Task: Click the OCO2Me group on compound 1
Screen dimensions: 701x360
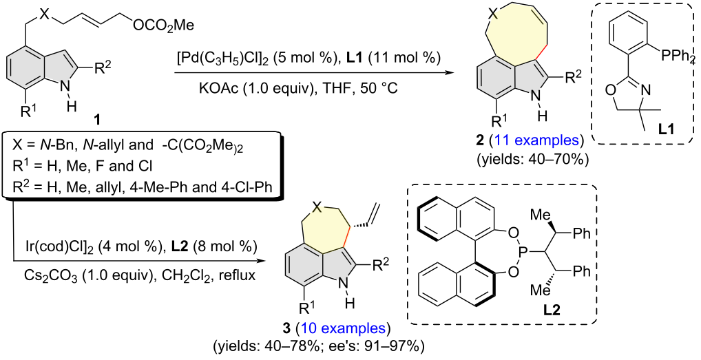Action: point(164,26)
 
